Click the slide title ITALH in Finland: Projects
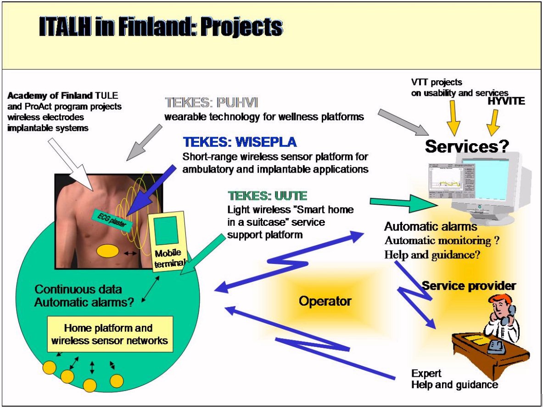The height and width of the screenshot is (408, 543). click(161, 28)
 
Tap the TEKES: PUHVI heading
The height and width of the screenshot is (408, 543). click(209, 102)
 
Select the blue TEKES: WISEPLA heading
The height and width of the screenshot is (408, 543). click(240, 142)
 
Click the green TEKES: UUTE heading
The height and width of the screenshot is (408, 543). click(267, 196)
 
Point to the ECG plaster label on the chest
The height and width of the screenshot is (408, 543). click(112, 220)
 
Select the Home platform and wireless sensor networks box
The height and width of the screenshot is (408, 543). click(109, 334)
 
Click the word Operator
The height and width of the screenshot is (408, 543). click(325, 301)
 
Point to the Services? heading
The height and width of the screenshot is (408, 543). click(467, 146)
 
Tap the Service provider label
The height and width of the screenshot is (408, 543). click(469, 286)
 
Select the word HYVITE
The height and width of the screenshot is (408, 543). click(506, 101)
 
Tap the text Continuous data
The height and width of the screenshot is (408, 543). click(78, 290)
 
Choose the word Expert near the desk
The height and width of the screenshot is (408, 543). click(426, 373)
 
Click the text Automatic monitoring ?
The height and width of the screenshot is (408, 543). click(442, 240)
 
